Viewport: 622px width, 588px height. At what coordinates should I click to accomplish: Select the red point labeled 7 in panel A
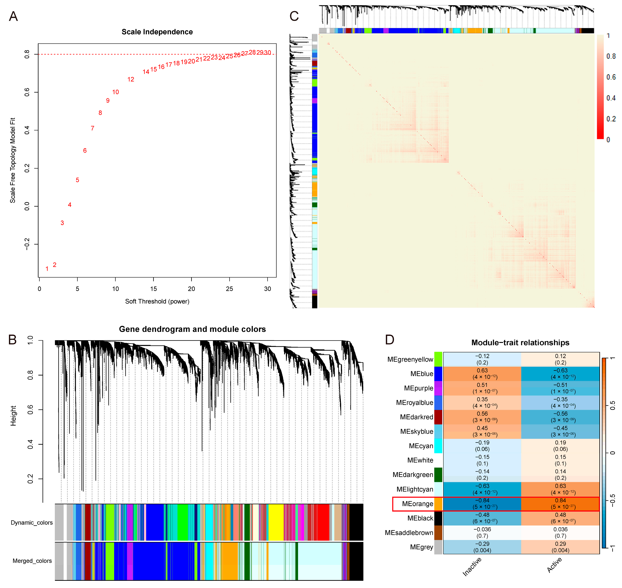click(x=93, y=128)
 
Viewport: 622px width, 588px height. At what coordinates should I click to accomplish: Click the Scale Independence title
click(x=157, y=32)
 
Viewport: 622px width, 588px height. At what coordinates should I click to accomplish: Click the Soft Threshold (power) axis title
click(x=157, y=302)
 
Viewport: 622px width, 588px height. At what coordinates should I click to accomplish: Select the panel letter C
click(x=294, y=16)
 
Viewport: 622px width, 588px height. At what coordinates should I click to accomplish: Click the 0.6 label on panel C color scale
click(x=611, y=77)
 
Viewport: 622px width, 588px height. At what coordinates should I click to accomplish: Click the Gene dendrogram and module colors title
click(x=192, y=329)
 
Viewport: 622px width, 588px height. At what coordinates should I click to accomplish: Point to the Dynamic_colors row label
click(x=32, y=522)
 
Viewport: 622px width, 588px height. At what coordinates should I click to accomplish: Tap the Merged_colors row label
click(x=32, y=561)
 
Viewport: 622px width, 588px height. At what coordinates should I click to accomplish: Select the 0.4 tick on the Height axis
click(x=30, y=444)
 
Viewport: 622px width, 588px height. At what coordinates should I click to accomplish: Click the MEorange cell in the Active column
click(x=560, y=504)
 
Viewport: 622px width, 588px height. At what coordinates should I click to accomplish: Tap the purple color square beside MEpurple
click(x=438, y=388)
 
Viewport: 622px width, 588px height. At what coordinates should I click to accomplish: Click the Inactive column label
click(x=472, y=567)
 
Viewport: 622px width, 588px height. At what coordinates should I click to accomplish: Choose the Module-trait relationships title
click(x=520, y=343)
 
